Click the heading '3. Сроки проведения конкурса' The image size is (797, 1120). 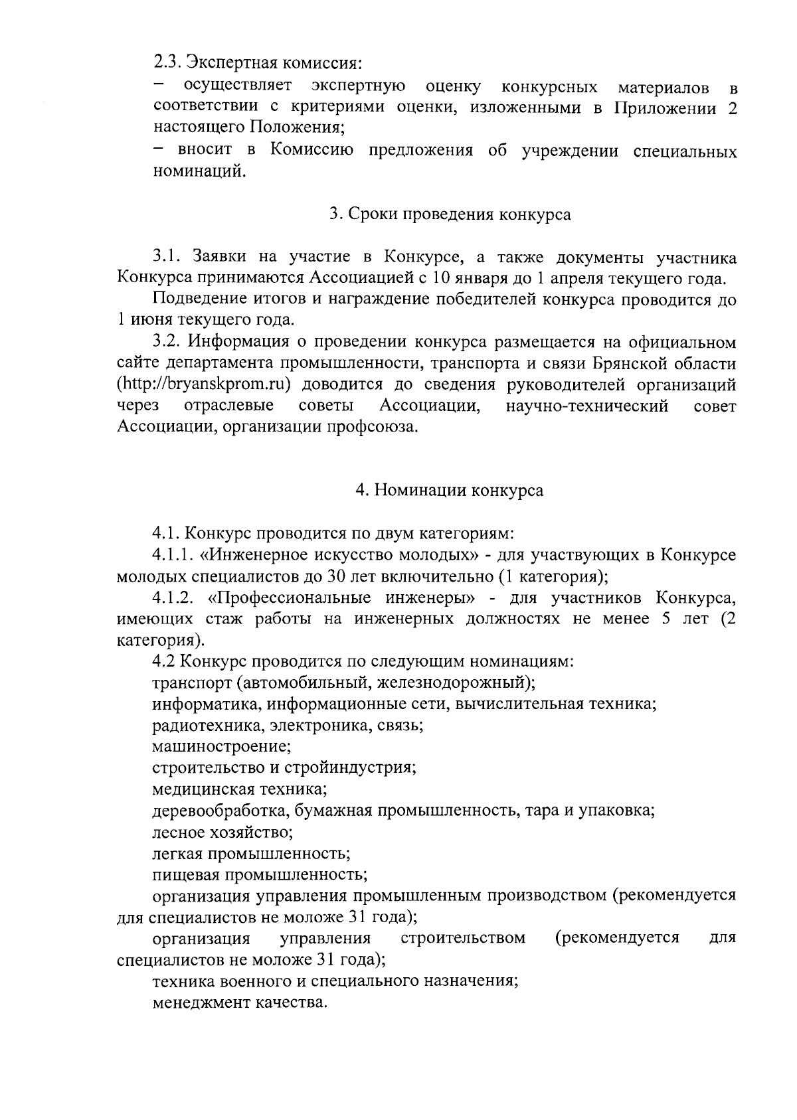[450, 215]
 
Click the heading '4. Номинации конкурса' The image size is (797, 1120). [449, 491]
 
